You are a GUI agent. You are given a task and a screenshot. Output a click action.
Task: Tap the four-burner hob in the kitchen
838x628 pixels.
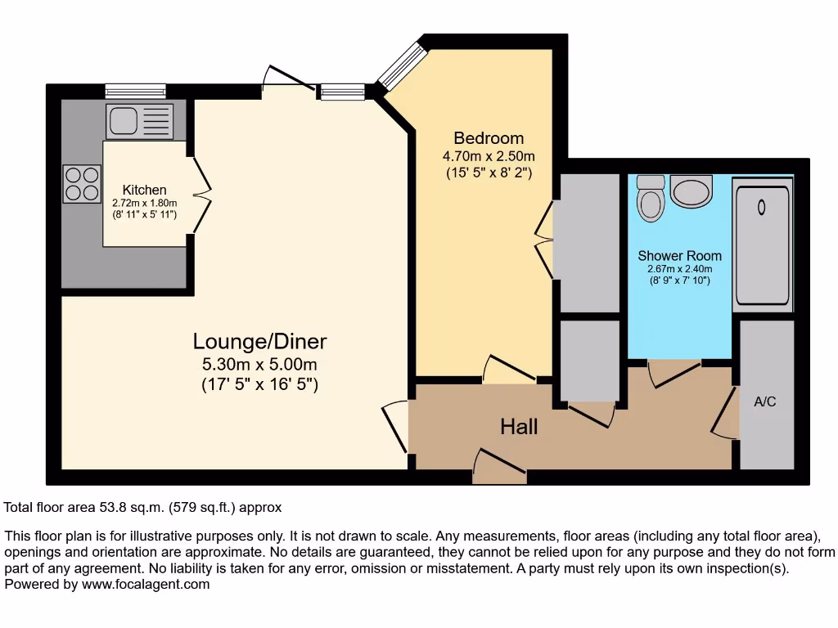(x=82, y=183)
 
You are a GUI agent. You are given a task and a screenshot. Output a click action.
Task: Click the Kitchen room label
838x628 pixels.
(x=145, y=190)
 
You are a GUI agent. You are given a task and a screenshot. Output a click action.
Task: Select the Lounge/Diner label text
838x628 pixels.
(x=259, y=341)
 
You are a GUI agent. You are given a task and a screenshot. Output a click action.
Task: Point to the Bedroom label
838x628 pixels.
(x=489, y=138)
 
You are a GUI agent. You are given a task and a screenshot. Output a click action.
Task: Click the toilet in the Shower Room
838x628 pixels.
(x=651, y=198)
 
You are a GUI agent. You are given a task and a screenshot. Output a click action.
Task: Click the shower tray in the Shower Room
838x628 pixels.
(x=762, y=245)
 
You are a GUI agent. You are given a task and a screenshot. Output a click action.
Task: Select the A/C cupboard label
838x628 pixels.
(x=764, y=402)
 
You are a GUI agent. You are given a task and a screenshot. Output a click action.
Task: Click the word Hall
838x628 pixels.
(x=519, y=426)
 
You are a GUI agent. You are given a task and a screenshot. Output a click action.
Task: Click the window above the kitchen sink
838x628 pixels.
(x=135, y=91)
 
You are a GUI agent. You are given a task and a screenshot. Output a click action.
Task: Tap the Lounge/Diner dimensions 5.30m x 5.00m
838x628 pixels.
(x=259, y=364)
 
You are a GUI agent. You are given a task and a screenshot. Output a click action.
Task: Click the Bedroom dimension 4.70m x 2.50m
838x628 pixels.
(x=489, y=156)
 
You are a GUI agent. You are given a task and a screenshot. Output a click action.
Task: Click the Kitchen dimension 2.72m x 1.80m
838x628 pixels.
(x=145, y=203)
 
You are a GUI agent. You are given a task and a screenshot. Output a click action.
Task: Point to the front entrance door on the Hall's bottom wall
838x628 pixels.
(x=499, y=463)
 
